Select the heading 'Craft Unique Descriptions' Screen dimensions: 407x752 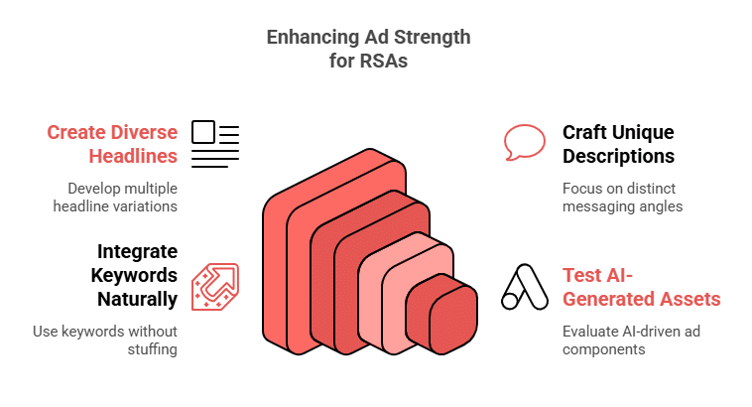point(618,144)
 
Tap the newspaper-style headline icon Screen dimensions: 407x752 point(215,143)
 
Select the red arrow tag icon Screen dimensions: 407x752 point(215,287)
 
